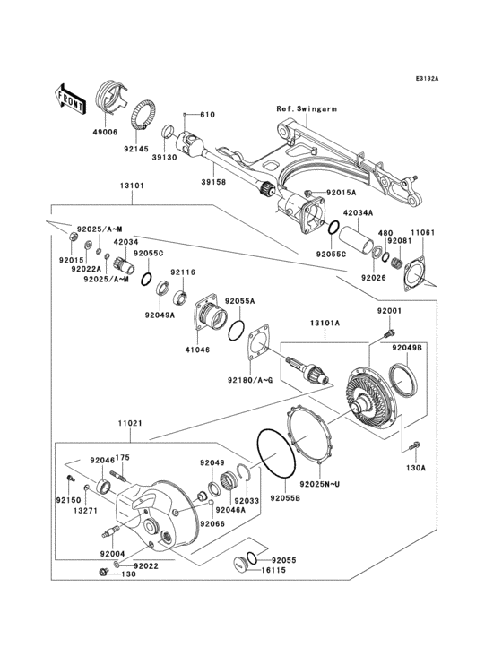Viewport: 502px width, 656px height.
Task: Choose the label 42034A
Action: point(359,212)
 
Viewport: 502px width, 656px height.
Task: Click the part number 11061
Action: point(424,232)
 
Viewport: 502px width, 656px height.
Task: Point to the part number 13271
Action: point(86,511)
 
